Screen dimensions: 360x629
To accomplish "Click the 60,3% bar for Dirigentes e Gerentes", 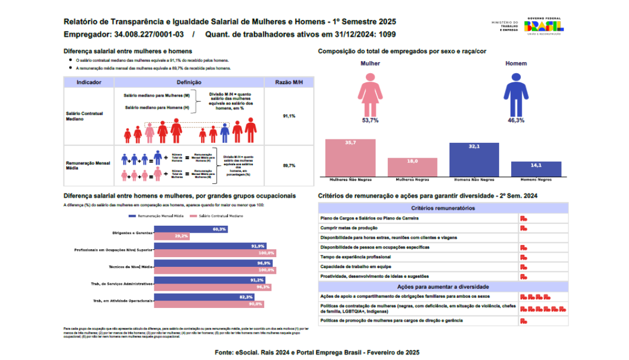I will [x=183, y=229].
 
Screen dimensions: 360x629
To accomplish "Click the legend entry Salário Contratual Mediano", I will [x=222, y=217].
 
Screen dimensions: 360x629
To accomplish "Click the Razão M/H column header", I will [x=289, y=82].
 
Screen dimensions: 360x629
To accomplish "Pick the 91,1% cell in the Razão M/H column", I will [x=289, y=116].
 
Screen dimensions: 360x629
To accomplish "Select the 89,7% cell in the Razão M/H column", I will [x=289, y=165].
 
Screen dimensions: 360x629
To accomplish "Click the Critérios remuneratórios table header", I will [x=443, y=208].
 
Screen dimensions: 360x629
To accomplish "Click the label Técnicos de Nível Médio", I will [x=131, y=267].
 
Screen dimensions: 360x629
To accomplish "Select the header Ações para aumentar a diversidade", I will [x=443, y=286].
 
